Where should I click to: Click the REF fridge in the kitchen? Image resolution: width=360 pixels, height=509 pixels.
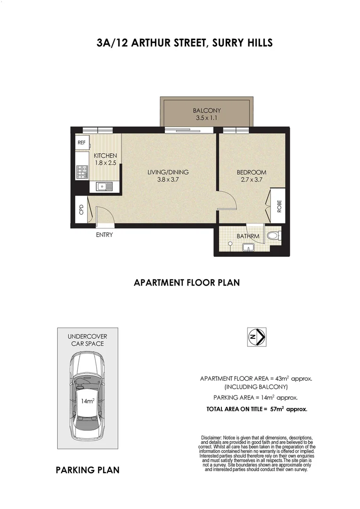point(81,142)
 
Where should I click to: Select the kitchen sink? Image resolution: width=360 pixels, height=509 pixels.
point(104,187)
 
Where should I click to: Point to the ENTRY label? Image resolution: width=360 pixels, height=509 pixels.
point(104,235)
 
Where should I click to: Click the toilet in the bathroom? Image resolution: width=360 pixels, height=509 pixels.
point(273,235)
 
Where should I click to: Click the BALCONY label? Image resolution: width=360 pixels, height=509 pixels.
point(206,110)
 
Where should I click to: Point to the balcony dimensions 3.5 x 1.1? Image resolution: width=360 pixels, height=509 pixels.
point(206,118)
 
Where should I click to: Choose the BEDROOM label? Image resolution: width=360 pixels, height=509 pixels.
point(251,172)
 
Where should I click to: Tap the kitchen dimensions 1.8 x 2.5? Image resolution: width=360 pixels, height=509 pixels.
point(105,163)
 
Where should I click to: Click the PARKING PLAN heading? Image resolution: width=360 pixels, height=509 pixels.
point(87,470)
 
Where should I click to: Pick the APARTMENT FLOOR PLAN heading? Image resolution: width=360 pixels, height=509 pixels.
point(187,283)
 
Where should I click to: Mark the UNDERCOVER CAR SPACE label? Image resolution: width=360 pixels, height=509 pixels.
point(88,340)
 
